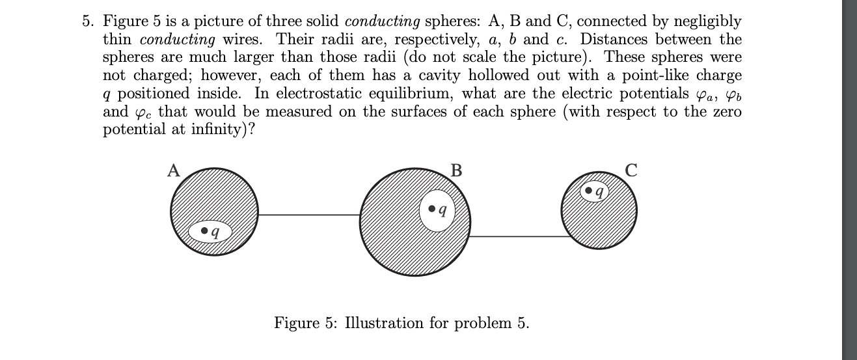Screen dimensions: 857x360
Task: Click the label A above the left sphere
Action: pos(173,171)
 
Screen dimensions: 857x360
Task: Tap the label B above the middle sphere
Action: pos(456,171)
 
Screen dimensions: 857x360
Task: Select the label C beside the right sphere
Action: pos(630,171)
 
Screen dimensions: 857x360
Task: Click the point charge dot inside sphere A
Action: pos(204,230)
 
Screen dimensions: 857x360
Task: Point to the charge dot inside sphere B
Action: pos(432,209)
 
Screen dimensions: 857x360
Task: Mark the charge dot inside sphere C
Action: pos(589,191)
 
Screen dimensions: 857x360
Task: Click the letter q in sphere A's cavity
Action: pos(215,232)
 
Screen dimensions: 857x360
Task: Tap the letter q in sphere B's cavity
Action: pos(443,210)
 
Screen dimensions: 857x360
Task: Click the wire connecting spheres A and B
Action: pos(310,214)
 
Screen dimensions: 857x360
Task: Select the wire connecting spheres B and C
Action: pos(517,236)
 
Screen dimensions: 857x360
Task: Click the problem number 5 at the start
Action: pos(87,21)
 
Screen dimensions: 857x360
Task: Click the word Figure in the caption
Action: pos(295,323)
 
